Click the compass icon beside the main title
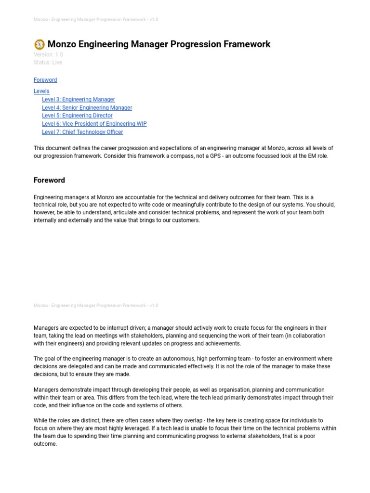coord(40,44)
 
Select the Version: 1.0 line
coord(48,54)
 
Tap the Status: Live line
coord(48,62)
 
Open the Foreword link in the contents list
coord(45,80)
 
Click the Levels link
coord(41,91)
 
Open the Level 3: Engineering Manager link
coord(79,99)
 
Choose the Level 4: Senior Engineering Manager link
coord(87,107)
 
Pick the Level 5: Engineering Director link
coord(77,116)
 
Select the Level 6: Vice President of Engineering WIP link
coord(94,124)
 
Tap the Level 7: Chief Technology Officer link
coord(82,132)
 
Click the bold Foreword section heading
coord(49,180)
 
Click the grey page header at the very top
coord(96,19)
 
